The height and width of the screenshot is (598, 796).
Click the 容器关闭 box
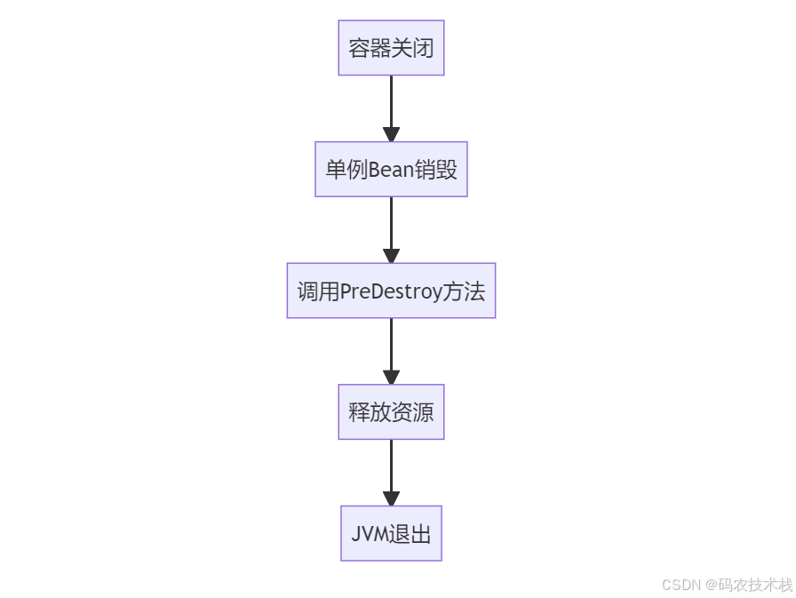tap(391, 48)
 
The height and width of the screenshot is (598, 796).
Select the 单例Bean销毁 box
tap(391, 169)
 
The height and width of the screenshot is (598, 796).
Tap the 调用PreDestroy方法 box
tap(391, 291)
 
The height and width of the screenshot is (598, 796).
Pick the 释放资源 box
tap(391, 411)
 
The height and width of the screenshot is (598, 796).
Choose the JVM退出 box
tap(391, 533)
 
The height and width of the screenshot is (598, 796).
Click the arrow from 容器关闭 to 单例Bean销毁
tap(391, 102)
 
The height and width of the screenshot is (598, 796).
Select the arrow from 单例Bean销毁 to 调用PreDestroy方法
tap(391, 224)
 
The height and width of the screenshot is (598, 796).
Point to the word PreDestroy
tap(392, 291)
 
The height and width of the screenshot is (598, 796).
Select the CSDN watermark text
tap(681, 585)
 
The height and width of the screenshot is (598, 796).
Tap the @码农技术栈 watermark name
tap(749, 585)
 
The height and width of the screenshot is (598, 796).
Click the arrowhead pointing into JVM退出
tap(391, 498)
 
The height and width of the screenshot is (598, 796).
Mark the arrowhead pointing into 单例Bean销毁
tap(391, 134)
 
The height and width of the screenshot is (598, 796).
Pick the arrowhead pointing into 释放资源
tap(391, 377)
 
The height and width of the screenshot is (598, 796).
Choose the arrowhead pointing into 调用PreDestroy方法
tap(391, 256)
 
